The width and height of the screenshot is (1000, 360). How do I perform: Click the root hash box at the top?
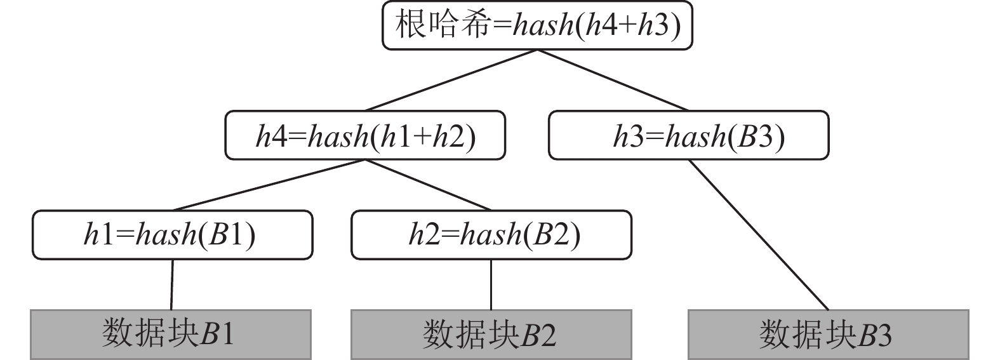pyautogui.click(x=537, y=26)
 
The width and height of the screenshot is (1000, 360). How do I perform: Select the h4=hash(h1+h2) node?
pyautogui.click(x=365, y=136)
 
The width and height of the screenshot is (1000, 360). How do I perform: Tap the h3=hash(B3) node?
pyautogui.click(x=688, y=136)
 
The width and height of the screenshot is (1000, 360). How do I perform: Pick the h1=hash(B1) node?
pyautogui.click(x=172, y=236)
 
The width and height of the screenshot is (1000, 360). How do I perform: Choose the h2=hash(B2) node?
pyautogui.click(x=491, y=236)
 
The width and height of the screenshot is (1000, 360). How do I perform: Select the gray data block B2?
pyautogui.click(x=491, y=334)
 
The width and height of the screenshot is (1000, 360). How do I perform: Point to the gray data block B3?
pyautogui.click(x=828, y=334)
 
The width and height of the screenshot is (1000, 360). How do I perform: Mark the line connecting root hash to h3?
pyautogui.click(x=613, y=80)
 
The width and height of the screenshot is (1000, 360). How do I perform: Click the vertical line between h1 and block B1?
pyautogui.click(x=172, y=284)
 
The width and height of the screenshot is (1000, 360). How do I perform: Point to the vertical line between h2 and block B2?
pyautogui.click(x=491, y=284)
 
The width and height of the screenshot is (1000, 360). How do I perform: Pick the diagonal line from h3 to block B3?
pyautogui.click(x=759, y=235)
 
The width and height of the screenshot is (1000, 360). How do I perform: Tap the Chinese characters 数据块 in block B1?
pyautogui.click(x=150, y=333)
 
